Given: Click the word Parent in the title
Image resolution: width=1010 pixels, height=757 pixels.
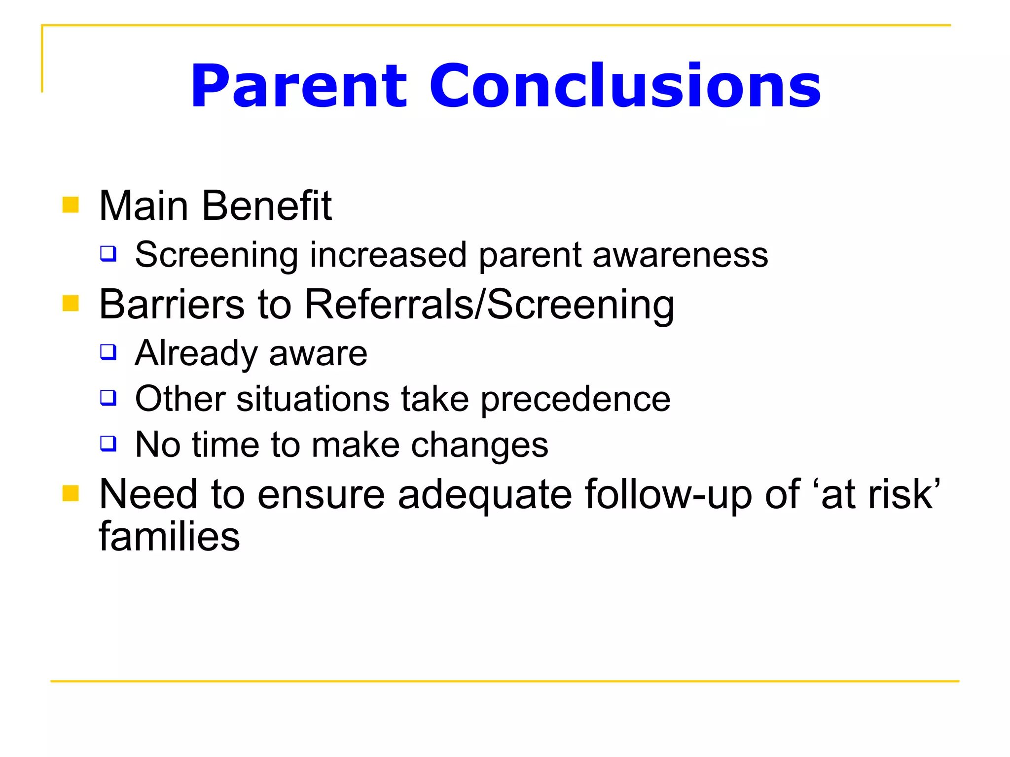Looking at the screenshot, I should pos(299,87).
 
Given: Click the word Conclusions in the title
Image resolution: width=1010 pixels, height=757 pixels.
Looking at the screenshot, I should pos(625,86).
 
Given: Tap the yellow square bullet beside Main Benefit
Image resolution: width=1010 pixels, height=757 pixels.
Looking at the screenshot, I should pos(71,205).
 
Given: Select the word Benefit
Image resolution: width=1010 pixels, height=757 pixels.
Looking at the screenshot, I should pos(267,206).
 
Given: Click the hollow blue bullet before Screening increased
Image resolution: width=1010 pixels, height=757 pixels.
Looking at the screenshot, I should pos(108,254).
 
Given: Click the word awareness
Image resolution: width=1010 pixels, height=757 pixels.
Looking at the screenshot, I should pos(680,255).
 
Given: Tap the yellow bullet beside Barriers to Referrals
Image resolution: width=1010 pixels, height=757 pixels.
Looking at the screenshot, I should pos(71,304).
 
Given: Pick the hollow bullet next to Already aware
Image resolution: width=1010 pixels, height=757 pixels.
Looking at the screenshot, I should pos(108,352).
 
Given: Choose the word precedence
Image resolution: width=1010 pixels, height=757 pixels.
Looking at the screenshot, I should pos(576,399).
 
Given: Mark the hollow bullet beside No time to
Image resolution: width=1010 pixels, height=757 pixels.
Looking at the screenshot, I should pos(108,443).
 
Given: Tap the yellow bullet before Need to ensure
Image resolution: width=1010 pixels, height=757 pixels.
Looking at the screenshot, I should pos(71,493).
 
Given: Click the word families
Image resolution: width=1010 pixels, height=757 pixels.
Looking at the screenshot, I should pos(169,536).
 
